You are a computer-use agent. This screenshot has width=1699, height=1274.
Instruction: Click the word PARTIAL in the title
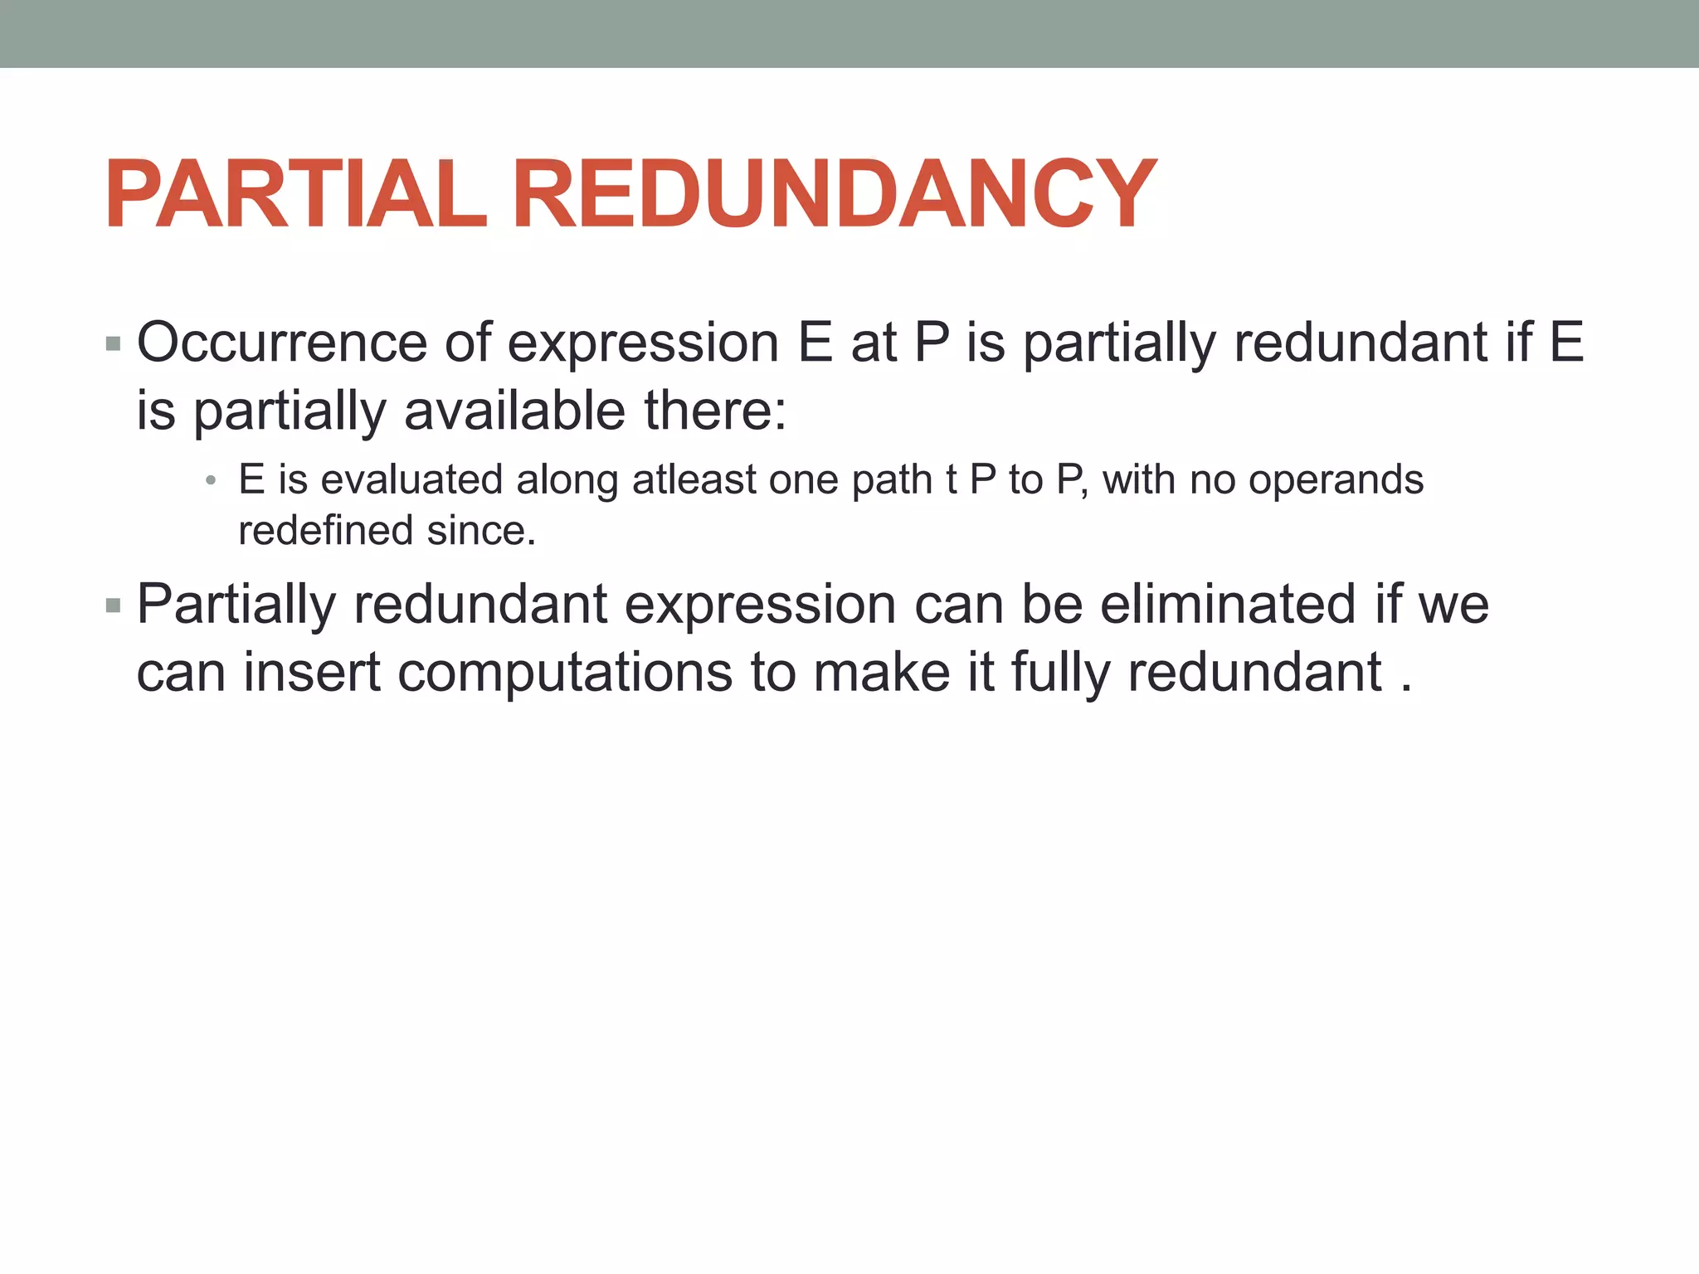[x=295, y=196]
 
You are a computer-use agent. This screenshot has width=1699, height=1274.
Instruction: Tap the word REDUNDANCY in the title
[x=834, y=196]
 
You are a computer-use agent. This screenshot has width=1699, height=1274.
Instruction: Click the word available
[x=514, y=411]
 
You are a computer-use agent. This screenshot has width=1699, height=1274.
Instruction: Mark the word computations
[x=565, y=672]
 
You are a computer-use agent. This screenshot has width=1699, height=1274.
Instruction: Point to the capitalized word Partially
[x=236, y=605]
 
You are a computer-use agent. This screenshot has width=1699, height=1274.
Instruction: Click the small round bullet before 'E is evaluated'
[x=211, y=480]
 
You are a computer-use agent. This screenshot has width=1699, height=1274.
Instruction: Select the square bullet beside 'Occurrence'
[x=114, y=343]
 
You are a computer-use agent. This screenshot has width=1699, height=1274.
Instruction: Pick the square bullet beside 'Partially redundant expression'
[x=114, y=606]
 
